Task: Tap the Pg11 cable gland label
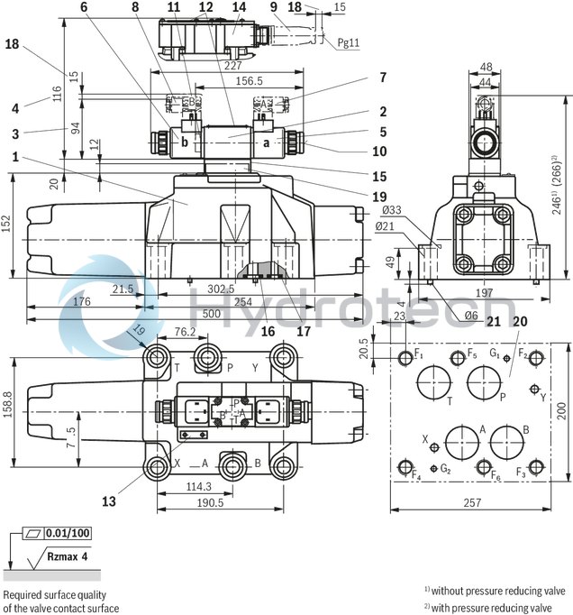click(x=348, y=41)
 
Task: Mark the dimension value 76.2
click(x=186, y=331)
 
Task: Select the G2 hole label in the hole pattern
click(x=445, y=469)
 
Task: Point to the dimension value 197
click(x=485, y=292)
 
